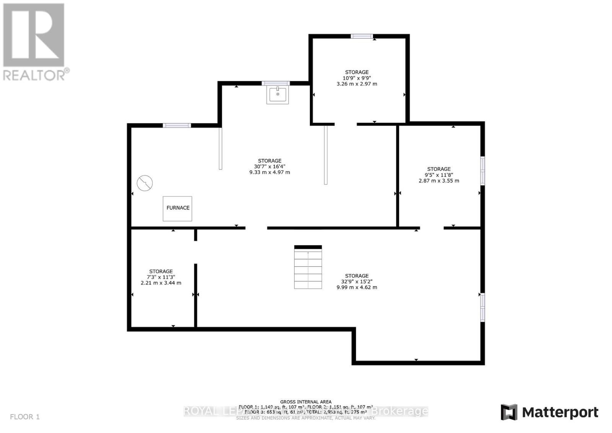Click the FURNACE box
pyautogui.click(x=177, y=208)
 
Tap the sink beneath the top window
pyautogui.click(x=278, y=95)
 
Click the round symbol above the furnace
pyautogui.click(x=145, y=183)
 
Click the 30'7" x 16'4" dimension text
pyautogui.click(x=270, y=167)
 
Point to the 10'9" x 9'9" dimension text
pyautogui.click(x=357, y=78)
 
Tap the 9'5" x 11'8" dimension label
pyautogui.click(x=439, y=175)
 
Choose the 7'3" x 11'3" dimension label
pyautogui.click(x=161, y=277)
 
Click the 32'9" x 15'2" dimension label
pyautogui.click(x=357, y=281)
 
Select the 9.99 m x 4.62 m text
pyautogui.click(x=357, y=287)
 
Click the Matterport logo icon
pyautogui.click(x=509, y=412)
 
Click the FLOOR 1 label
pyautogui.click(x=25, y=417)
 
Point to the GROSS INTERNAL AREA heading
pyautogui.click(x=306, y=402)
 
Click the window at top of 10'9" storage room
pyautogui.click(x=361, y=36)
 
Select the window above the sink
pyautogui.click(x=275, y=83)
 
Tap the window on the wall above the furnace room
pyautogui.click(x=177, y=125)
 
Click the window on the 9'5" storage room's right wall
pyautogui.click(x=483, y=171)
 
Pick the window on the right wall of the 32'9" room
pyautogui.click(x=483, y=307)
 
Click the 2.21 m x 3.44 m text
pyautogui.click(x=161, y=283)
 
